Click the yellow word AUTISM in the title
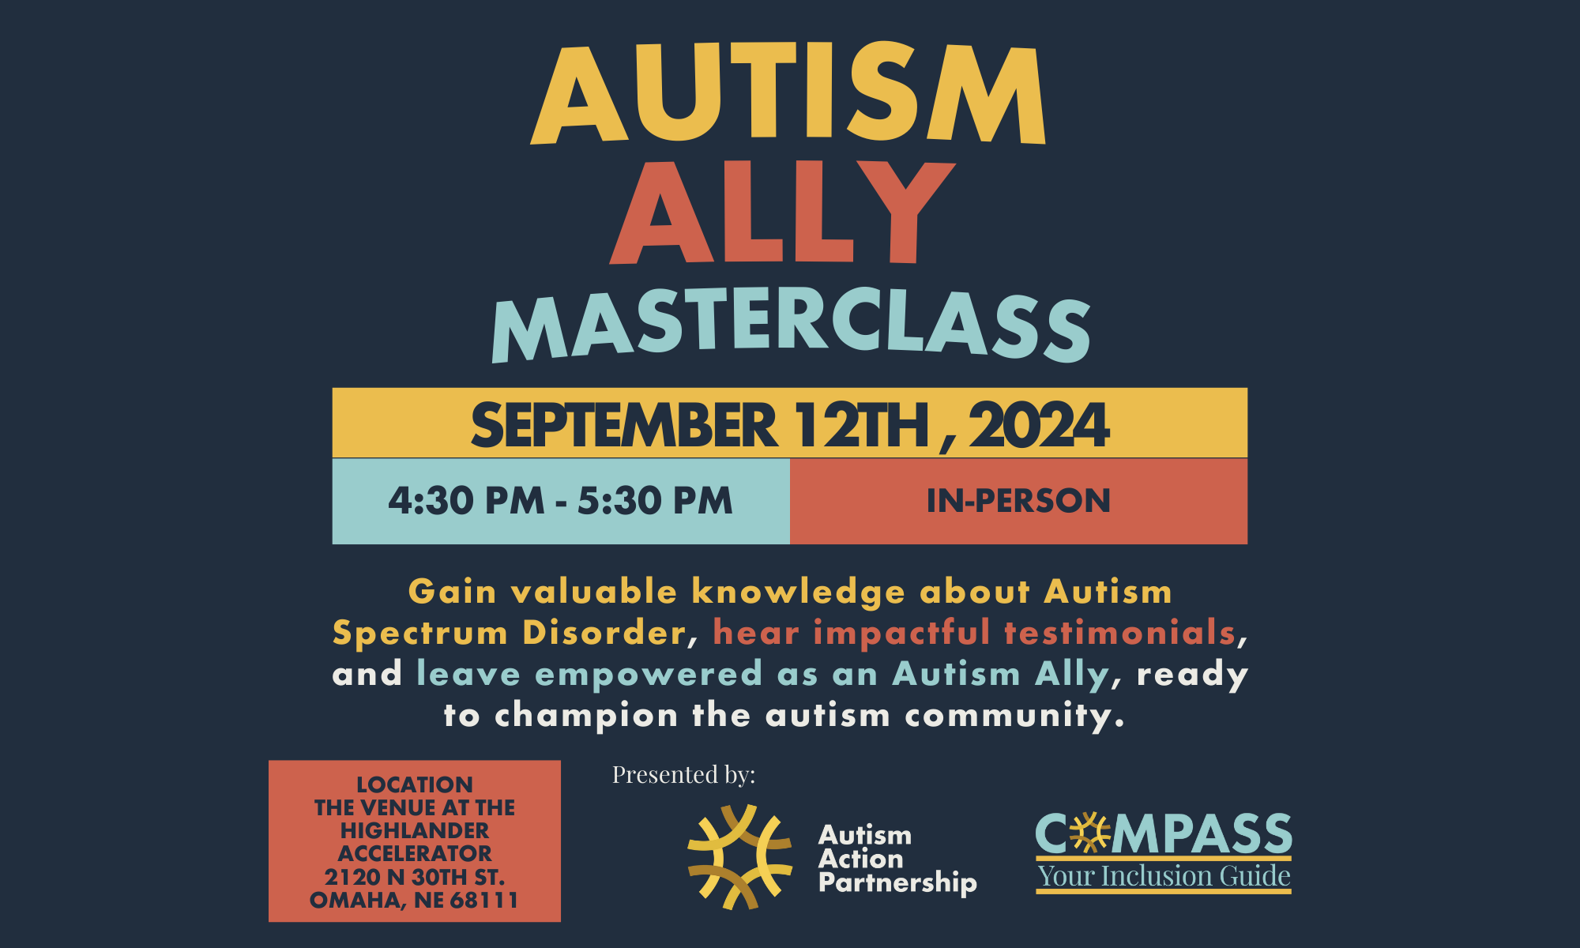pos(788,93)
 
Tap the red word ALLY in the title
pos(782,212)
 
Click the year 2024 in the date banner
pos(1040,425)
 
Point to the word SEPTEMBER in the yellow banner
pos(624,425)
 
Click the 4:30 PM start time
pos(466,501)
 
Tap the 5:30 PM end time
pos(655,501)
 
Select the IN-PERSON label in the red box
pos(1018,501)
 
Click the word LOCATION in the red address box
pos(415,784)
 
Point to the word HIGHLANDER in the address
pos(415,830)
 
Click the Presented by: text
pos(683,775)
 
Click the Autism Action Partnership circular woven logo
pos(739,857)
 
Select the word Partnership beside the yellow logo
pos(897,883)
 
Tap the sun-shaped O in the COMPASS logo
pos(1090,833)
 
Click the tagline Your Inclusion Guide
pos(1164,876)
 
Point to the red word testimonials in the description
pos(1119,633)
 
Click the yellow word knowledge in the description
pos(798,592)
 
